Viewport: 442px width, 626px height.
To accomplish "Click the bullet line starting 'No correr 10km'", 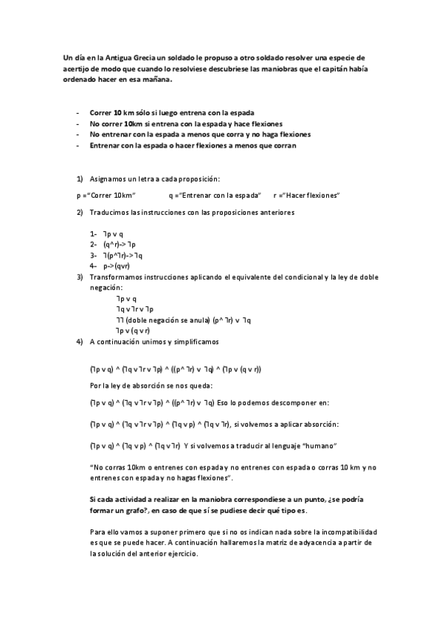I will (176, 123).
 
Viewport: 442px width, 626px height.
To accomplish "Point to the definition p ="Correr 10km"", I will (104, 195).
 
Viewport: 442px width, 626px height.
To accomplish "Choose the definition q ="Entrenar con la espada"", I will (215, 195).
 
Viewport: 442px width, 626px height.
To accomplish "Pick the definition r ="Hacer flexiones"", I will (305, 195).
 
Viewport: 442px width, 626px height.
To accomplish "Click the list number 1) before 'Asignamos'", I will (80, 179).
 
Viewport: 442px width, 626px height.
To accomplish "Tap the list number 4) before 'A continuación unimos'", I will (80, 342).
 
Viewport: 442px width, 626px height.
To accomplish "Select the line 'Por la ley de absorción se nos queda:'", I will (151, 385).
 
